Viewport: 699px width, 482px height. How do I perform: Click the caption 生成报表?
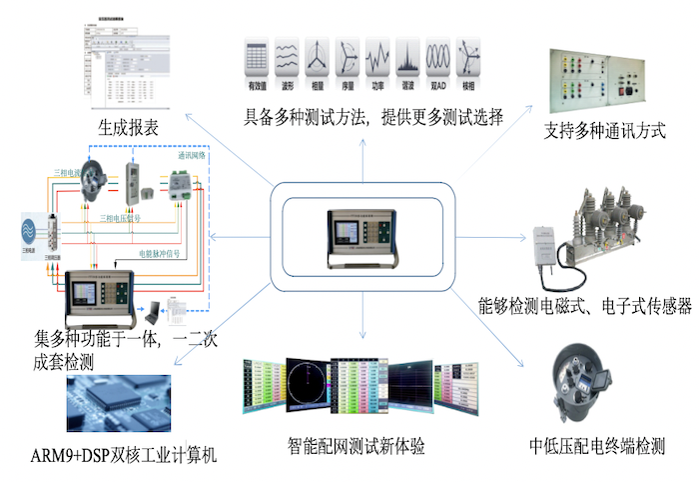pyautogui.click(x=129, y=127)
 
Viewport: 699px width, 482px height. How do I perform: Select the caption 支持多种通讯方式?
pyautogui.click(x=605, y=131)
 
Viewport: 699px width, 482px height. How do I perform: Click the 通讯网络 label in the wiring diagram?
pyautogui.click(x=192, y=156)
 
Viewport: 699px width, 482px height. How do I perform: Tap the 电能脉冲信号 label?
pyautogui.click(x=159, y=254)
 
